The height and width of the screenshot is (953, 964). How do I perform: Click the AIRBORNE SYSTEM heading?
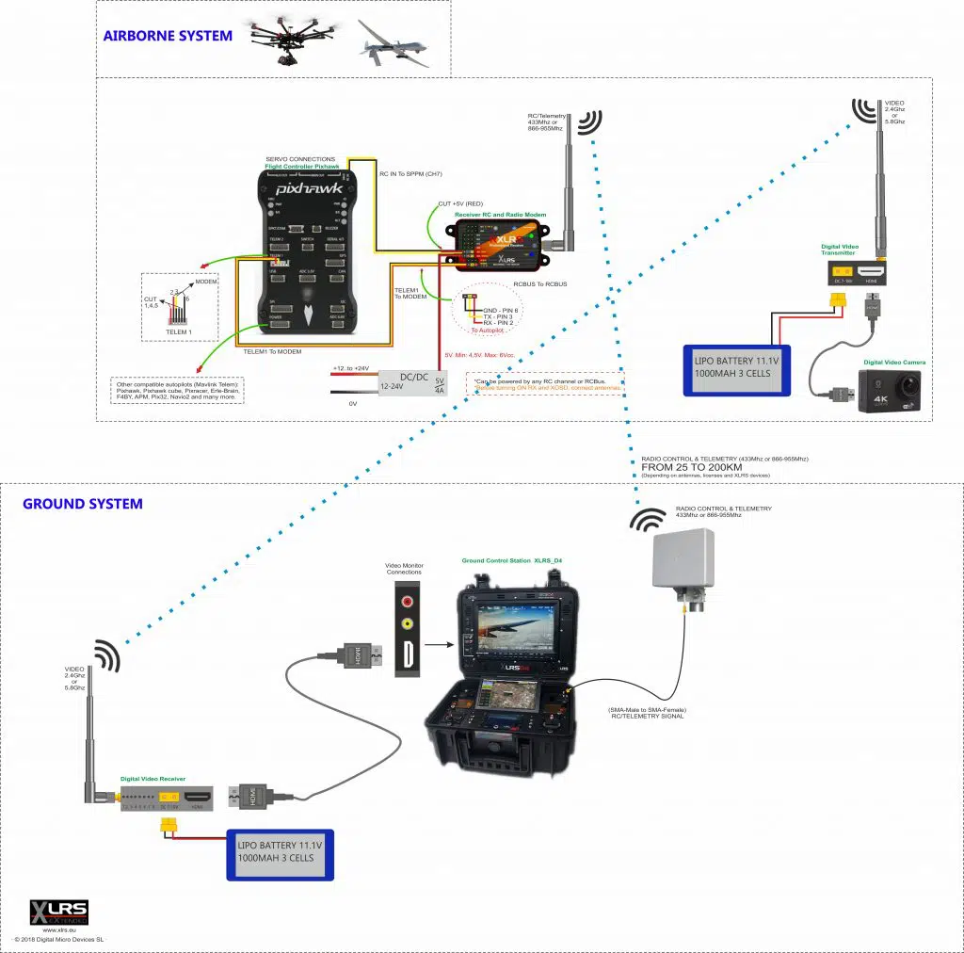coord(168,37)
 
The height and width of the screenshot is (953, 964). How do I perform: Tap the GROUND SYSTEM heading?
coord(83,504)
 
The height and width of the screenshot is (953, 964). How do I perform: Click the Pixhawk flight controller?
coord(306,250)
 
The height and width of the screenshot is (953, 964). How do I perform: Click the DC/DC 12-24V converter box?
coord(413,382)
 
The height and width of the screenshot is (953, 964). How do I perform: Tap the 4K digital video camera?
coord(890,392)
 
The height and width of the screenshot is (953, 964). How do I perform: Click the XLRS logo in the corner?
coord(59,912)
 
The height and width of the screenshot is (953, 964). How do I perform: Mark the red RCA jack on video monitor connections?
coord(407,599)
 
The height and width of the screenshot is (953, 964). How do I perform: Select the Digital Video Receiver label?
coord(153,780)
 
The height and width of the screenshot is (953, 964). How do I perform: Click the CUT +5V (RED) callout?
coord(462,203)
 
